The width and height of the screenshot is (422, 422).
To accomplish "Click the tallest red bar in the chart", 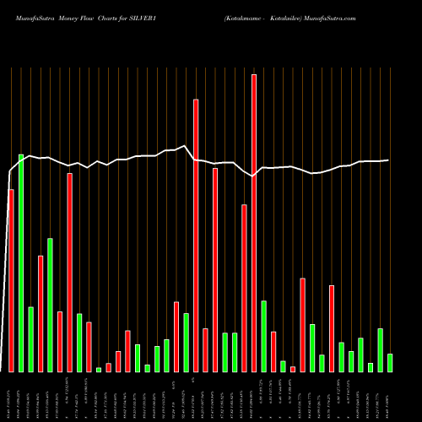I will tap(254, 223).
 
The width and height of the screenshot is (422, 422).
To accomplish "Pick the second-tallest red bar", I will tap(196, 235).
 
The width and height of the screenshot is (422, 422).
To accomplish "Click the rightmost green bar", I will tap(390, 363).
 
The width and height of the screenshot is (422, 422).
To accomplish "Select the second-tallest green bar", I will tap(50, 305).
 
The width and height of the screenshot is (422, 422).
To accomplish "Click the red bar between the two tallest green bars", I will tap(41, 313).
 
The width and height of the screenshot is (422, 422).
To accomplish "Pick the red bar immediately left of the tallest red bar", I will tap(245, 288).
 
